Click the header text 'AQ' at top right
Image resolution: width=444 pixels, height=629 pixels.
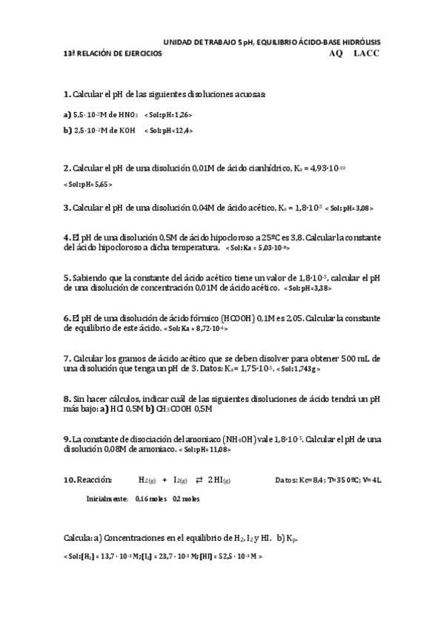335,54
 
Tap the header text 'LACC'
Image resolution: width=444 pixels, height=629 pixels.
366,54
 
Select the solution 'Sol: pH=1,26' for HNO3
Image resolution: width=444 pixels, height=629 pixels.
169,114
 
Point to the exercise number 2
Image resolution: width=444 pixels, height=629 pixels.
67,168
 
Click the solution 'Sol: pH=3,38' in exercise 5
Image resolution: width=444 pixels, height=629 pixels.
308,288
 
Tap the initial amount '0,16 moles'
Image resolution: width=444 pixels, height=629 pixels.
151,499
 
